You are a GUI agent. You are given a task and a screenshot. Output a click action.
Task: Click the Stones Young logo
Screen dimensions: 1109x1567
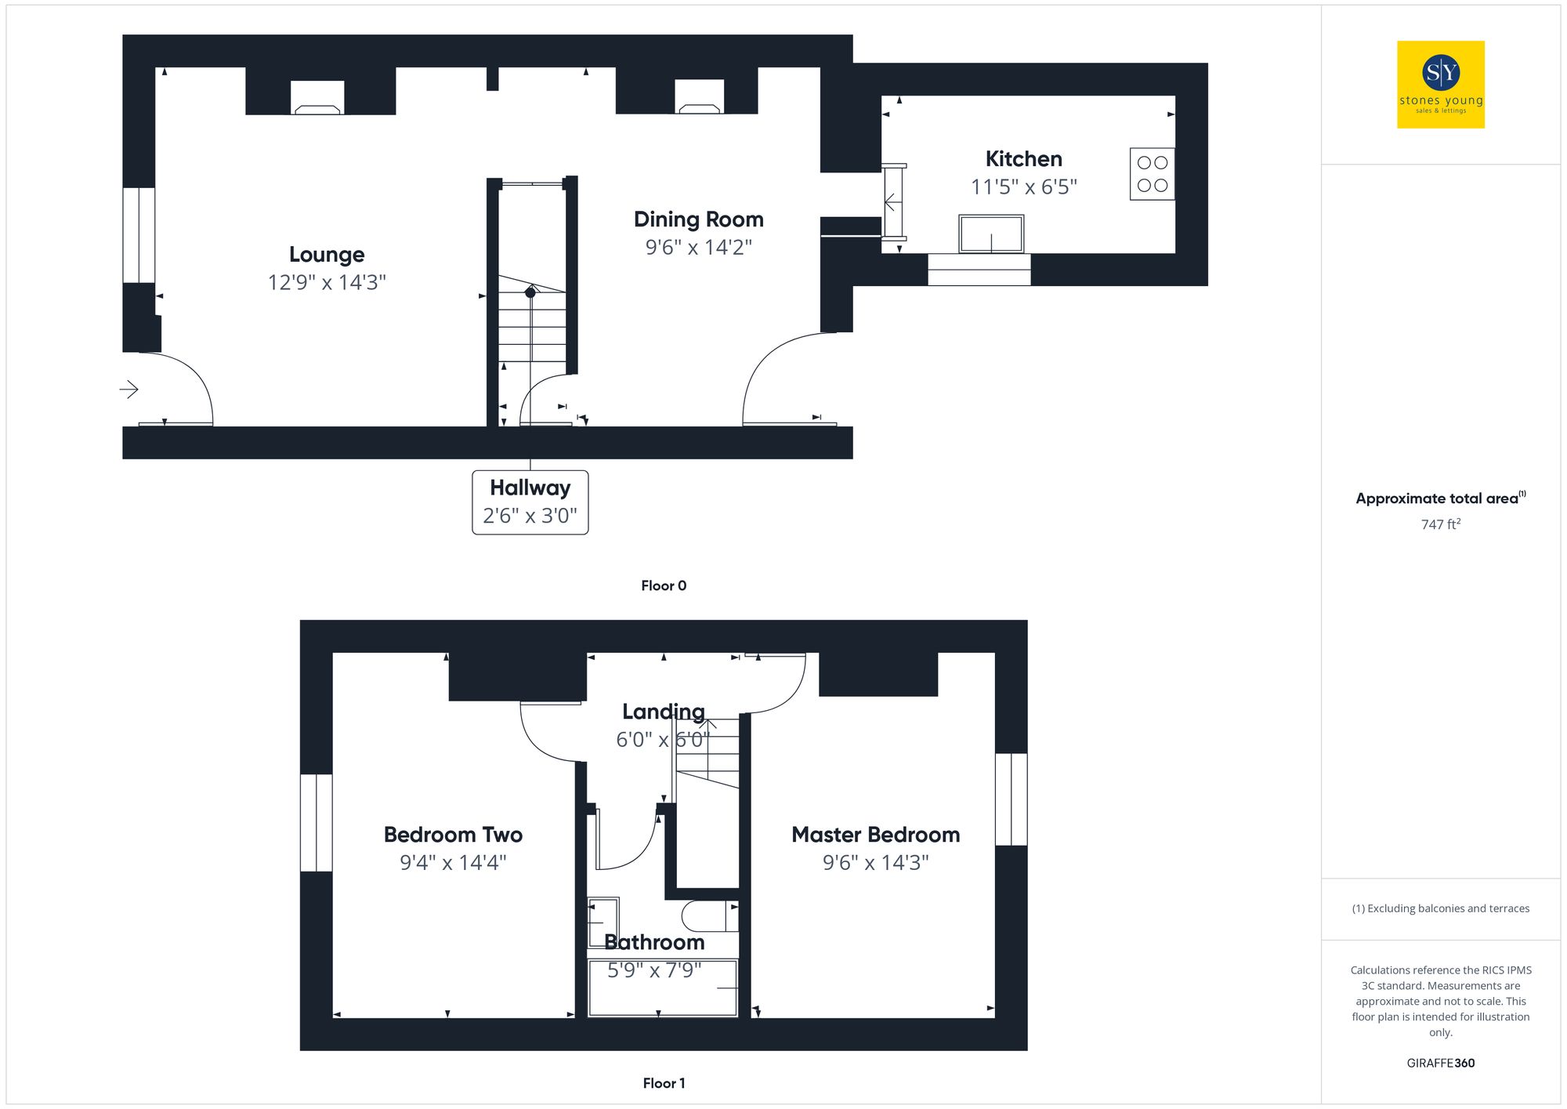[1440, 85]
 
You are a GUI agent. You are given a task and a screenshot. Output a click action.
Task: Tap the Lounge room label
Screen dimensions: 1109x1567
[327, 255]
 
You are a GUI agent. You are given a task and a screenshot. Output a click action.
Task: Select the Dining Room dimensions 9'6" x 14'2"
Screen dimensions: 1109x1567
[698, 248]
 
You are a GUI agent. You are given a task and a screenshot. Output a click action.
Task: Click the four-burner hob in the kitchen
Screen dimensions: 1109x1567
[1152, 174]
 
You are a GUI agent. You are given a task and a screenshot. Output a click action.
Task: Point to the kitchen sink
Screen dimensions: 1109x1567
[991, 234]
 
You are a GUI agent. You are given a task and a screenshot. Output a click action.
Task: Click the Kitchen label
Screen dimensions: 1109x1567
[1023, 159]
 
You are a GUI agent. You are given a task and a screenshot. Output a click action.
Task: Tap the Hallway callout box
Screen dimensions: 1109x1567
[530, 502]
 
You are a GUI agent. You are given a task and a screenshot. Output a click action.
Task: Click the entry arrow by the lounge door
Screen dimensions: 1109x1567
[129, 389]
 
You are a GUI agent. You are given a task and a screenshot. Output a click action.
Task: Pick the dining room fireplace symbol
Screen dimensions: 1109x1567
[700, 99]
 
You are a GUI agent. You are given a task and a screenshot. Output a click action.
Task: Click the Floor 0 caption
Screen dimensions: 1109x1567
[663, 585]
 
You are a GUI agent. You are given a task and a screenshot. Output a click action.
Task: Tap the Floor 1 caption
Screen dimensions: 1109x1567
[663, 1083]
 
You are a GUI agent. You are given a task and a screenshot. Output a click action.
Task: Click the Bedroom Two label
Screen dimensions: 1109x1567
[453, 835]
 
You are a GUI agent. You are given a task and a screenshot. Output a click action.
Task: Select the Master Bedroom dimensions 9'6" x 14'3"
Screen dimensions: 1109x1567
[875, 863]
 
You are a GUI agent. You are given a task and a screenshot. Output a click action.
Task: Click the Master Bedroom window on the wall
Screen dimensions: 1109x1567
[1011, 799]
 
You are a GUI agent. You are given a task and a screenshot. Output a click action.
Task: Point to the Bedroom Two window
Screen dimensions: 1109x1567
[317, 823]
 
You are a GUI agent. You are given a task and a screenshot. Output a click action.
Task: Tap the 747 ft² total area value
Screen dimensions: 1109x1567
[1440, 524]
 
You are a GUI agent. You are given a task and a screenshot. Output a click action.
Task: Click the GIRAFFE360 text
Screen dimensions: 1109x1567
[1440, 1063]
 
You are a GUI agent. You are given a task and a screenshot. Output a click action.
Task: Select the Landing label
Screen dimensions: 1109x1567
[663, 712]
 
